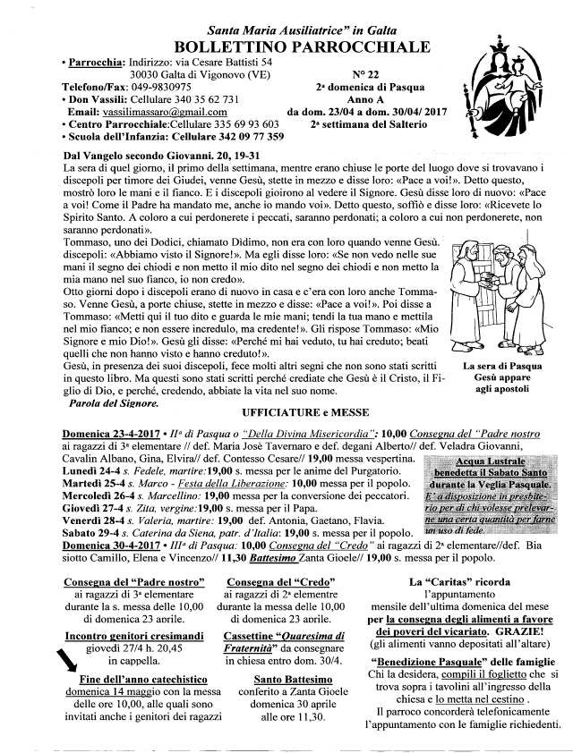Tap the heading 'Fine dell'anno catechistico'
click(x=136, y=680)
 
